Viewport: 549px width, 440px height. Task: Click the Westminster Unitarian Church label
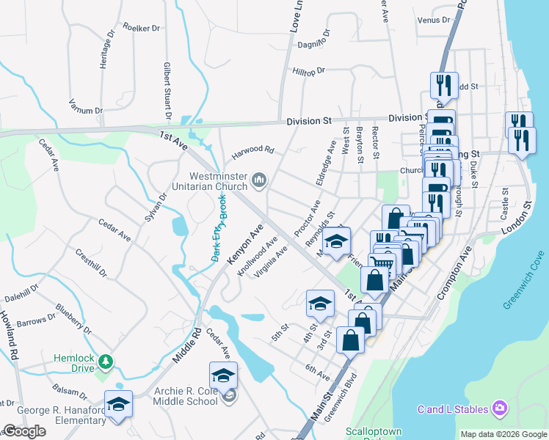218,181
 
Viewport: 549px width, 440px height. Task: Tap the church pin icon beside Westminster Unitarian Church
258,180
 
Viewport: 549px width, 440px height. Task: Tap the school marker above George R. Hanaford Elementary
118,404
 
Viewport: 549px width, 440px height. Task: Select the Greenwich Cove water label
524,288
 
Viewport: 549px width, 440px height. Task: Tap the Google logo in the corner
24,431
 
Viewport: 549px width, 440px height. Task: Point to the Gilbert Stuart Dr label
167,91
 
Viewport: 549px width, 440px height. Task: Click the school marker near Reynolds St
336,241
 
